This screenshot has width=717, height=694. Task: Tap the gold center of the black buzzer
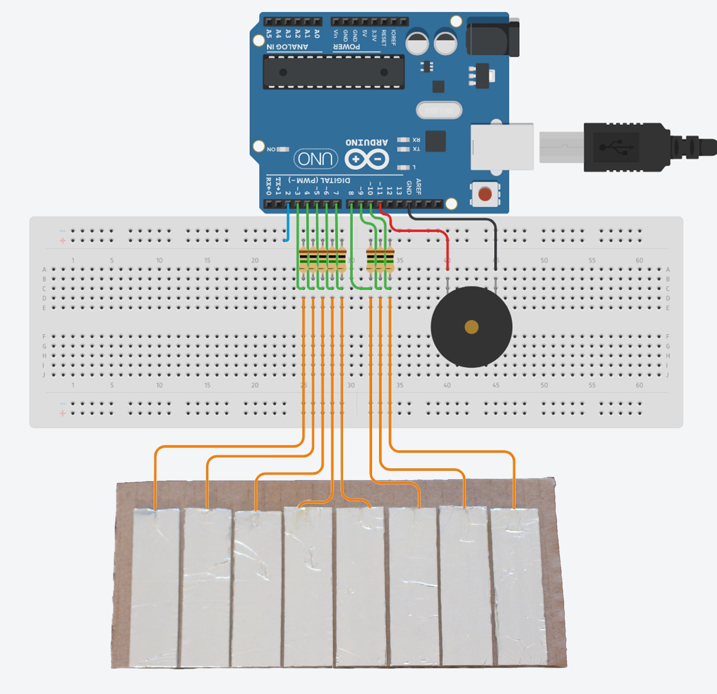[x=471, y=327]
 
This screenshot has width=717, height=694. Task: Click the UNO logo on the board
[x=315, y=159]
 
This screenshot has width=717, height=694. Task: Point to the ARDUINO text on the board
[x=367, y=142]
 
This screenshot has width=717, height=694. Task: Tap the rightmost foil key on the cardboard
[x=518, y=585]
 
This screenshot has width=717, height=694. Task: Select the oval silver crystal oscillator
[x=439, y=110]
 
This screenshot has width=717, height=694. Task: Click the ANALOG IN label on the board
[x=287, y=47]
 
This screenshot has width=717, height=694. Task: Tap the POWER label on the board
[x=347, y=47]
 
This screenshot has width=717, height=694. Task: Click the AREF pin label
[x=419, y=186]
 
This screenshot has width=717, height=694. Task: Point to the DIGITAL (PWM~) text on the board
[x=319, y=180]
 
